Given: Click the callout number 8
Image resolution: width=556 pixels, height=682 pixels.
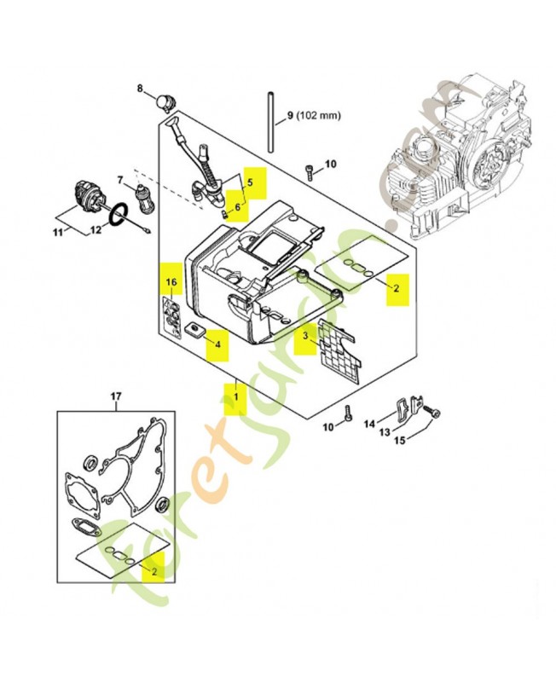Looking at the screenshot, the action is pyautogui.click(x=140, y=89).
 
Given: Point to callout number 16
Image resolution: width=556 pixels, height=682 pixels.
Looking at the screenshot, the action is pyautogui.click(x=172, y=282).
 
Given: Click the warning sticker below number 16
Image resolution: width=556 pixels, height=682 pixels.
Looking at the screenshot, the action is pyautogui.click(x=171, y=318).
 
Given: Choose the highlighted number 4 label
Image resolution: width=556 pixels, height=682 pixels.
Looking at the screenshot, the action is pyautogui.click(x=218, y=344).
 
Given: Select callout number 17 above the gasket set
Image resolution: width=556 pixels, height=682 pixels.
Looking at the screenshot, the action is pyautogui.click(x=116, y=396).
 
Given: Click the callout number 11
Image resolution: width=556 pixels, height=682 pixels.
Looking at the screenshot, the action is pyautogui.click(x=58, y=232).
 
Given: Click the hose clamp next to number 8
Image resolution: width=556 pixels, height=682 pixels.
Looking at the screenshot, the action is pyautogui.click(x=165, y=101).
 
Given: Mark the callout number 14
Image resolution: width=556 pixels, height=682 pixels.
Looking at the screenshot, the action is pyautogui.click(x=369, y=423).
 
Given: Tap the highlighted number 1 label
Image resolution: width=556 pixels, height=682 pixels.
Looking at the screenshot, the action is pyautogui.click(x=235, y=397).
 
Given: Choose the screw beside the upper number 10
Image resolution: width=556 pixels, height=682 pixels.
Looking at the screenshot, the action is pyautogui.click(x=310, y=172).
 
